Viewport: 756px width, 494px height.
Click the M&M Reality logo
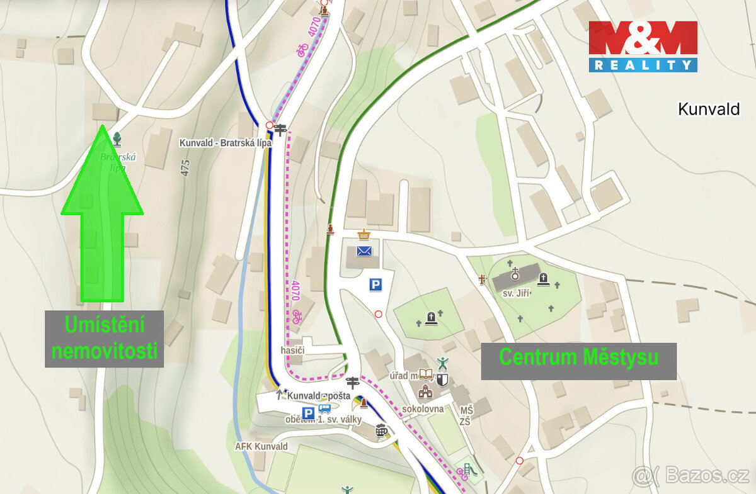[x=643, y=46]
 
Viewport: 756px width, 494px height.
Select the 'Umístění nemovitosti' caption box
[x=104, y=339]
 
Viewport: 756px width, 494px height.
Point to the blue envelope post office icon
[x=364, y=251]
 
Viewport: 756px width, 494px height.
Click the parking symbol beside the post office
[x=375, y=285]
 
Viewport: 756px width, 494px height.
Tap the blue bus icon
[x=324, y=408]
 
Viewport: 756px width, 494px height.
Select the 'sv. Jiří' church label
[x=517, y=293]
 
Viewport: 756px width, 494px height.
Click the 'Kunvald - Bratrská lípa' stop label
[x=225, y=143]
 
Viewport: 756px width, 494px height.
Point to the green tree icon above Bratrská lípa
[x=117, y=138]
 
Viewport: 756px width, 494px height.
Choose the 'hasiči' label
[x=294, y=349]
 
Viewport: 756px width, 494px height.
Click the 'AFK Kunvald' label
[x=261, y=447]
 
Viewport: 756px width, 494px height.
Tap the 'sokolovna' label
[x=423, y=409]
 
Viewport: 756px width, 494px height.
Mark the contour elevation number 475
[x=185, y=167]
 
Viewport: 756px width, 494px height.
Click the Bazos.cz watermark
[x=691, y=475]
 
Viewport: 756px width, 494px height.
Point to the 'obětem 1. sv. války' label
[x=323, y=420]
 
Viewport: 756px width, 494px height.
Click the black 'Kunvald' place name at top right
[x=708, y=109]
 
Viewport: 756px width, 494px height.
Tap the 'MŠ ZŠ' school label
[x=466, y=416]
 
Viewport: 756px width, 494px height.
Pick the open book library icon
[x=427, y=375]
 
